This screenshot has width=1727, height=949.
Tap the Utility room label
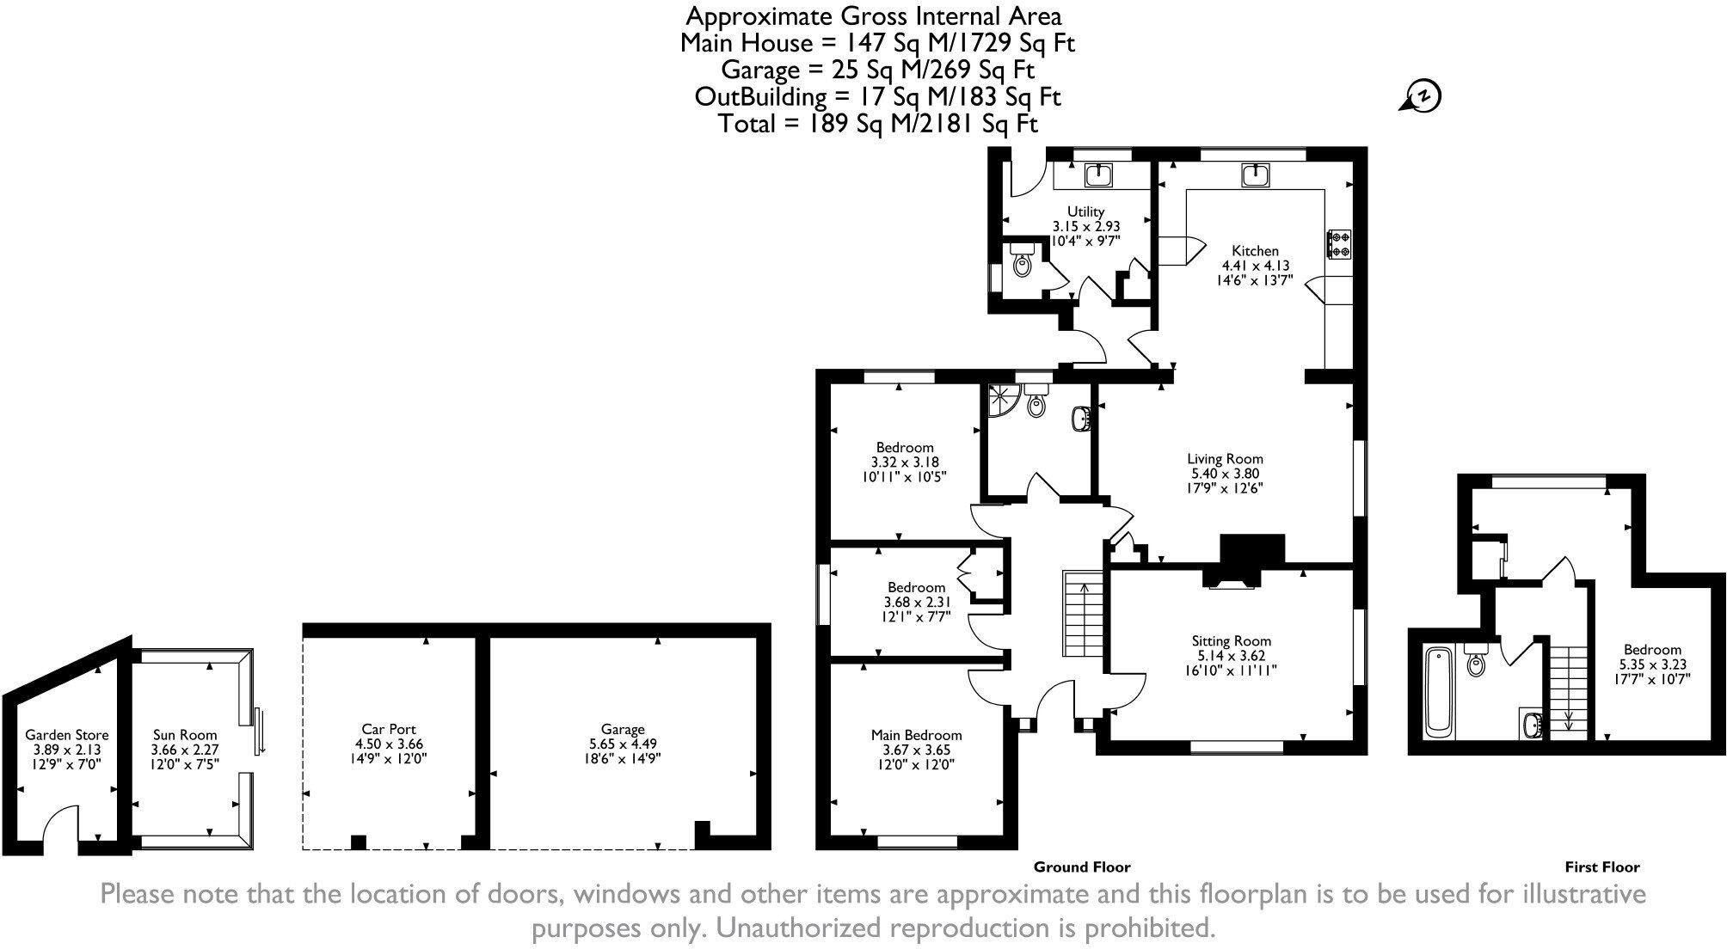1085,211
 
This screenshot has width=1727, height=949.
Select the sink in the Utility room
1098,176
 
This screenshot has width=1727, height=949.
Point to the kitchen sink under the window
1256,176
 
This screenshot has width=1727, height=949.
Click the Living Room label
1225,459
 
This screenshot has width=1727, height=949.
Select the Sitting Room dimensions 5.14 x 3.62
1231,655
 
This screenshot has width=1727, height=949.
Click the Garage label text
623,730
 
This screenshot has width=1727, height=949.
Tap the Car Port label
390,729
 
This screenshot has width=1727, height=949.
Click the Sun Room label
185,735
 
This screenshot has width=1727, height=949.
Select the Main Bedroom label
916,735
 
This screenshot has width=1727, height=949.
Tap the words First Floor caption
1601,867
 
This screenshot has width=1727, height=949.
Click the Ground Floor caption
1081,867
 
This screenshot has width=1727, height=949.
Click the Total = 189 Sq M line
877,124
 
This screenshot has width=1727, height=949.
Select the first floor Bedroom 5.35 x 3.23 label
1651,664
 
